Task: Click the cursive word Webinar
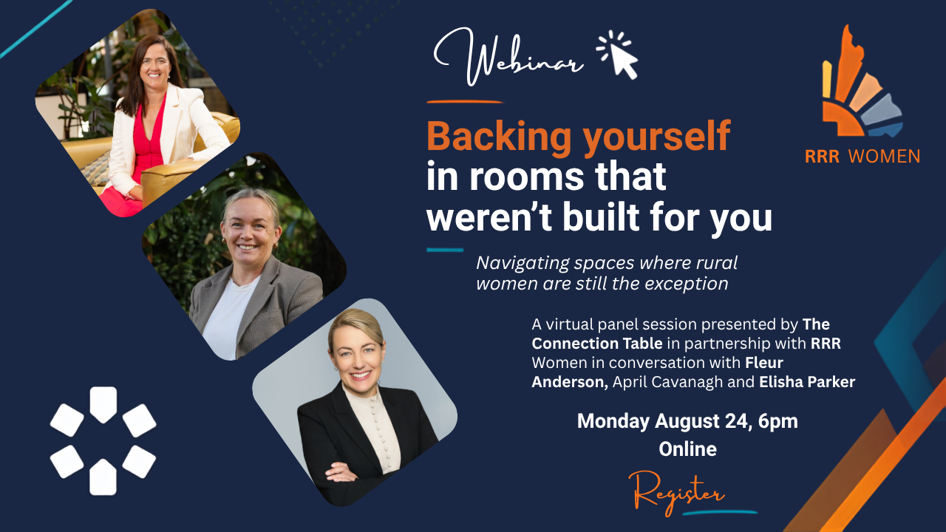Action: click(509, 57)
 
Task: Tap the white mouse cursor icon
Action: click(618, 55)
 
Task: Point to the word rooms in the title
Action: click(527, 177)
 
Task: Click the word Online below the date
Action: click(687, 449)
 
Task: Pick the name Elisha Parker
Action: click(807, 382)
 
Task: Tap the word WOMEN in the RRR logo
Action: click(884, 157)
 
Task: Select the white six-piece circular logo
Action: click(103, 441)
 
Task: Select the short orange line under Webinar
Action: click(465, 102)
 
